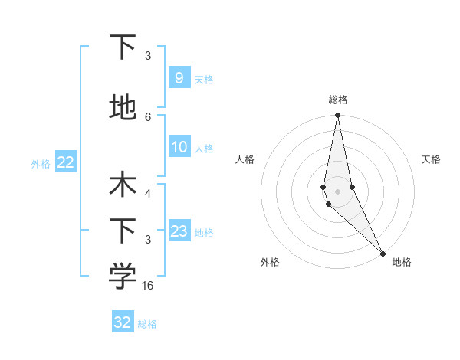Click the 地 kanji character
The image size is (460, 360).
point(123,108)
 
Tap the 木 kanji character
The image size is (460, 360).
point(123,186)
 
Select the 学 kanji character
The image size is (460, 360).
point(123,277)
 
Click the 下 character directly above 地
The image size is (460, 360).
point(123,48)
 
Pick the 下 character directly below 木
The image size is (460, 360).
point(123,231)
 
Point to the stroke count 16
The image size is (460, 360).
point(149,286)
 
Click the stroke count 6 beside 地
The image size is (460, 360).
point(148,116)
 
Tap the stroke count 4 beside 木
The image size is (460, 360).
point(148,195)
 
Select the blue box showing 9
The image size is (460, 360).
point(179,78)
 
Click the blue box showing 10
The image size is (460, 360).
point(179,148)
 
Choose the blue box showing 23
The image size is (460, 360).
point(179,231)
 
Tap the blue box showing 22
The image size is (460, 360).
point(66,162)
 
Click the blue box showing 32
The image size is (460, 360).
point(123,322)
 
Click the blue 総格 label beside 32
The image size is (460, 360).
point(147,324)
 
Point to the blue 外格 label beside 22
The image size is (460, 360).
point(41,163)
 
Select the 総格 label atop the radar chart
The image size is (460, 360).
point(338,100)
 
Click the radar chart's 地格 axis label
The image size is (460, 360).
point(402,262)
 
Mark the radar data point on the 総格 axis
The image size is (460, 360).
point(337,116)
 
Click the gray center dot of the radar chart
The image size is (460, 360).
point(337,191)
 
